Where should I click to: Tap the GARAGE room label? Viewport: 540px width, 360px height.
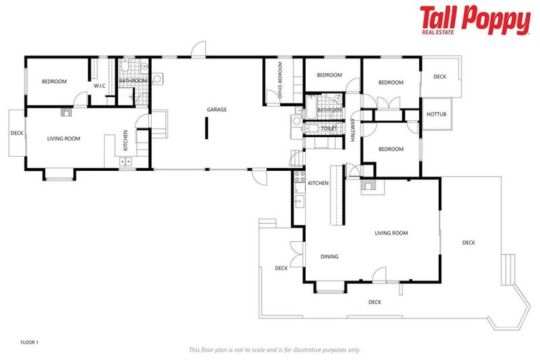pyautogui.click(x=217, y=110)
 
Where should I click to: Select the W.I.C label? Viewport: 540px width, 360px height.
pyautogui.click(x=99, y=86)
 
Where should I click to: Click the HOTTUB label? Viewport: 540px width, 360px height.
pyautogui.click(x=437, y=114)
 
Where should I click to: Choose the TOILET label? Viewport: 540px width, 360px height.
pyautogui.click(x=328, y=129)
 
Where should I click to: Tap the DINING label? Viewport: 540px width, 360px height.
pyautogui.click(x=329, y=257)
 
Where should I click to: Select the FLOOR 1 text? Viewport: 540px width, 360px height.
pyautogui.click(x=30, y=342)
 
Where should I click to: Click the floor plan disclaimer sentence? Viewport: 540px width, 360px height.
pyautogui.click(x=274, y=349)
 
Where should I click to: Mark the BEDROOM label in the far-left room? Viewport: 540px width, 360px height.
pyautogui.click(x=54, y=82)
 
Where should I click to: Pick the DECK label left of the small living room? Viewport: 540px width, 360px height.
pyautogui.click(x=17, y=133)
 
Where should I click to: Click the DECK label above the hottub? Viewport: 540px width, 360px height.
pyautogui.click(x=439, y=77)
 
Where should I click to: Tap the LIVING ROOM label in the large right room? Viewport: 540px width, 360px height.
pyautogui.click(x=391, y=233)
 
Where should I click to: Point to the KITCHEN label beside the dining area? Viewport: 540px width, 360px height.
pyautogui.click(x=318, y=183)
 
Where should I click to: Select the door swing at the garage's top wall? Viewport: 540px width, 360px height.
pyautogui.click(x=198, y=51)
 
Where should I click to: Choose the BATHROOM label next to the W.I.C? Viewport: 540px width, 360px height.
pyautogui.click(x=132, y=81)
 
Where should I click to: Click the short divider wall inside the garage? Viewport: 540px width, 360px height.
pyautogui.click(x=206, y=129)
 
